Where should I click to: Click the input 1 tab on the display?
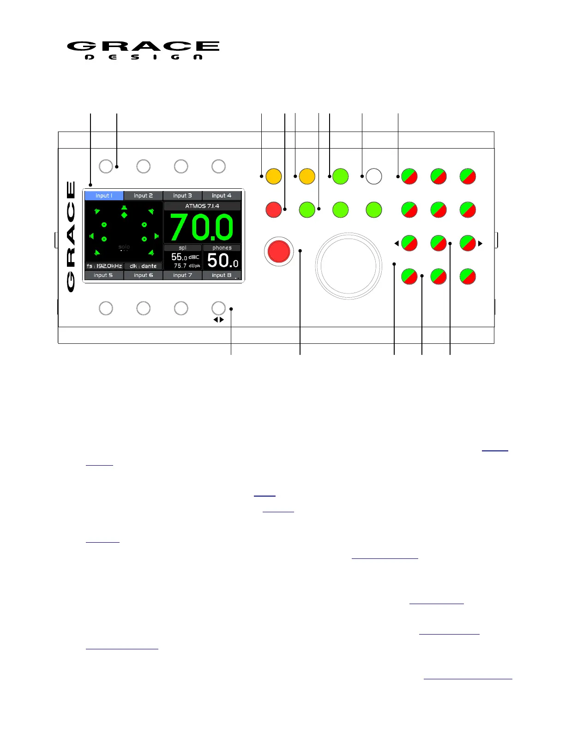click(104, 196)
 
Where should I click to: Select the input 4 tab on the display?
click(222, 196)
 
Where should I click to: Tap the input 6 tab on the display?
click(143, 275)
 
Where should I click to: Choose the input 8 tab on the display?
click(222, 275)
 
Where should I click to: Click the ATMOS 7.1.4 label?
click(202, 206)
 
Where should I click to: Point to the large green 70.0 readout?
click(202, 228)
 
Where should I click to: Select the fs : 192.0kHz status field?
click(104, 266)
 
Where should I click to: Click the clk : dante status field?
click(143, 266)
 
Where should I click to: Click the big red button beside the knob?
click(279, 252)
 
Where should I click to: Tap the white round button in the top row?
click(373, 176)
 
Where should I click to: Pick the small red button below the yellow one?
click(274, 210)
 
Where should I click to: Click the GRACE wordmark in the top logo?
click(143, 46)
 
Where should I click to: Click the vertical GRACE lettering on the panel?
click(71, 236)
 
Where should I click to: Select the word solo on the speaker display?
click(124, 247)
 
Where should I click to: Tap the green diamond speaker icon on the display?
click(124, 215)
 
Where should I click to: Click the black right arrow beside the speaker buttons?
click(481, 243)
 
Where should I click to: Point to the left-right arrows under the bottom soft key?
click(218, 320)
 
